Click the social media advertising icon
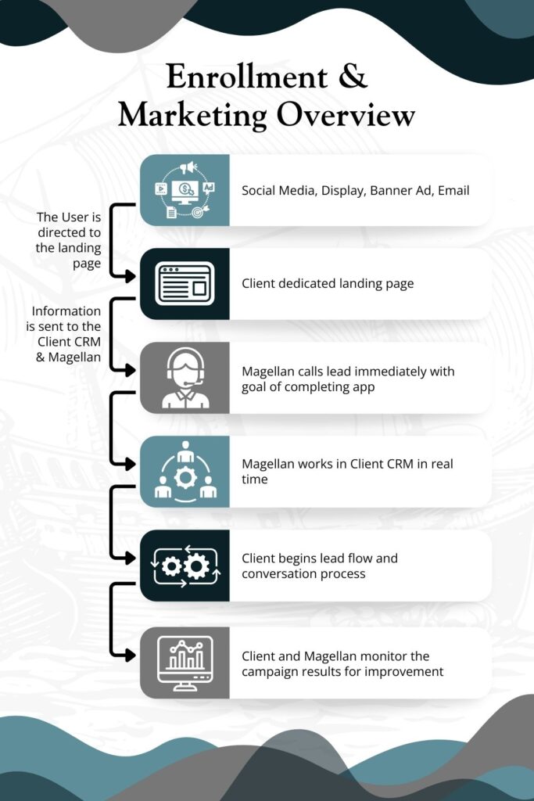coord(185,190)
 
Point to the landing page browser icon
coord(185,284)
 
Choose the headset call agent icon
coord(185,378)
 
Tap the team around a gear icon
coord(185,472)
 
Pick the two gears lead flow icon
coord(185,565)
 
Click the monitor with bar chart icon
coord(185,663)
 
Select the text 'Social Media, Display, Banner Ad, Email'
coord(355,190)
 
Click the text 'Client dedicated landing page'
coord(328,284)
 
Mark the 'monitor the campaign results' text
coord(342,663)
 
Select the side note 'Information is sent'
coord(67,332)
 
